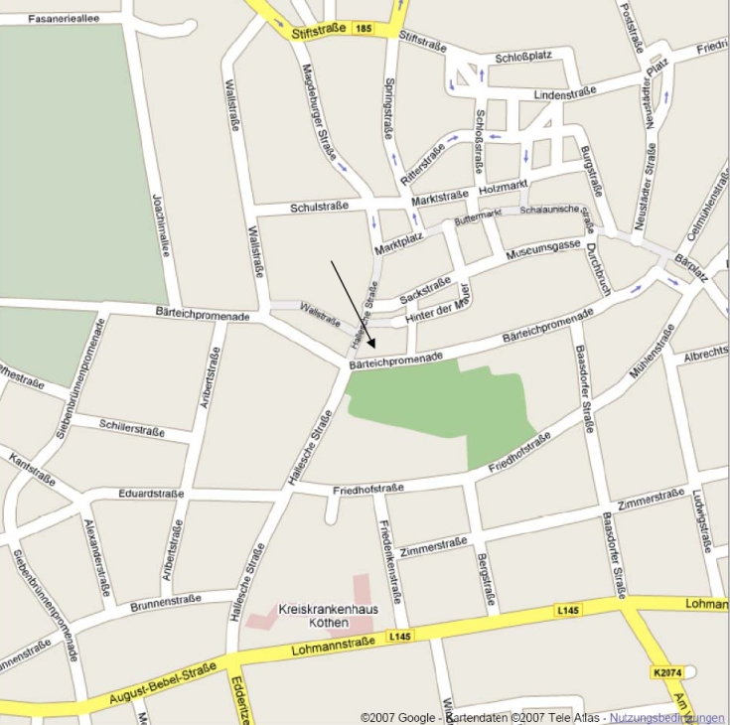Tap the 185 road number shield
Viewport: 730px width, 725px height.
(x=365, y=30)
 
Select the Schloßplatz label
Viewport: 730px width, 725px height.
(x=525, y=57)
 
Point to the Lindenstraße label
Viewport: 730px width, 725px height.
(x=564, y=93)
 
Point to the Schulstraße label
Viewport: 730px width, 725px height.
(x=319, y=208)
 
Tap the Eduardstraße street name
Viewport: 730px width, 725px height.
(x=151, y=492)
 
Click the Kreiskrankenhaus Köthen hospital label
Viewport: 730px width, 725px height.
(x=314, y=616)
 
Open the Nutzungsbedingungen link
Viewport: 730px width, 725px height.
(x=666, y=717)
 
